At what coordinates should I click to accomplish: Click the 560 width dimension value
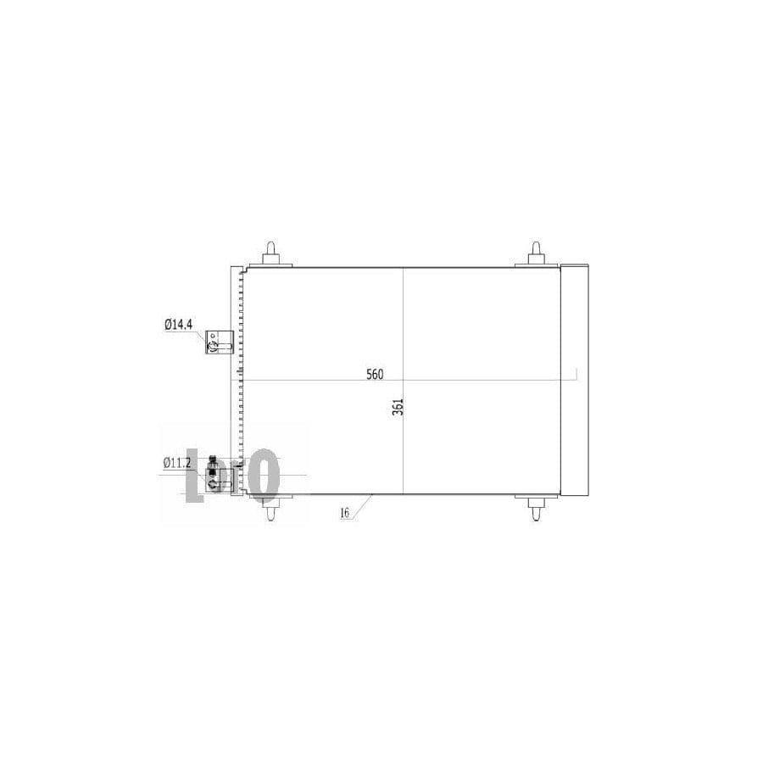(375, 374)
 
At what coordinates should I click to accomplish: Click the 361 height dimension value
(398, 406)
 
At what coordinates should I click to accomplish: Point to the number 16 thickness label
(344, 513)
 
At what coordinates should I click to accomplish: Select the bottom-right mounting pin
(537, 510)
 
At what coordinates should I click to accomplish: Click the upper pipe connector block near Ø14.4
(220, 341)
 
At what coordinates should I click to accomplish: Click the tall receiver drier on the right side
(576, 380)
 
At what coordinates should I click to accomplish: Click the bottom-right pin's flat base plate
(537, 498)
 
